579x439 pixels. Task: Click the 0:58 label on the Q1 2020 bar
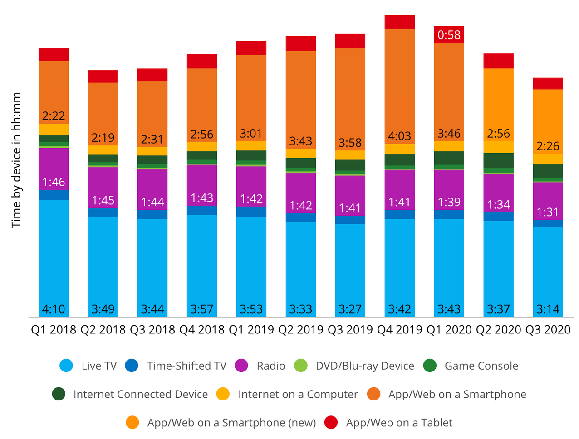[x=449, y=35]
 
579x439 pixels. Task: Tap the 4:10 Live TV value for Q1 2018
[x=54, y=309]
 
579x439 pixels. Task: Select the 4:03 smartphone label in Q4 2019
[x=399, y=136]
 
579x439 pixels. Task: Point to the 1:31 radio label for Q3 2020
[x=548, y=212]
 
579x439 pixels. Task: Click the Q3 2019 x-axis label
[x=350, y=330]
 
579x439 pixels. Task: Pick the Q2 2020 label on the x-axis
[x=498, y=330]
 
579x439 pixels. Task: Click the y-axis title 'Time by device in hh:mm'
[x=16, y=160]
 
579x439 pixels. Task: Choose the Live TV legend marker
[x=66, y=366]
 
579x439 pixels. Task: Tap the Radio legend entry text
[x=271, y=366]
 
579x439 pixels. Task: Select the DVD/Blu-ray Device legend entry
[x=365, y=366]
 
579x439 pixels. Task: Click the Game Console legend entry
[x=481, y=366]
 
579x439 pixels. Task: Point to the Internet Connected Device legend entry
[x=140, y=395]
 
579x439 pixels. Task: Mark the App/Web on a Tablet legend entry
[x=399, y=423]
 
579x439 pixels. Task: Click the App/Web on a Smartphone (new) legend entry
[x=231, y=423]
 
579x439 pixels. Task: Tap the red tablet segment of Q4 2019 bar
[x=399, y=22]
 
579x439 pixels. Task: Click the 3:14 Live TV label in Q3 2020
[x=548, y=309]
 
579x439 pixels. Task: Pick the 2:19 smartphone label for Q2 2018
[x=103, y=138]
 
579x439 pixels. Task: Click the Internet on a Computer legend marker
[x=223, y=394]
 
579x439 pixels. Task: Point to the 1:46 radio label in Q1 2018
[x=54, y=182]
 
